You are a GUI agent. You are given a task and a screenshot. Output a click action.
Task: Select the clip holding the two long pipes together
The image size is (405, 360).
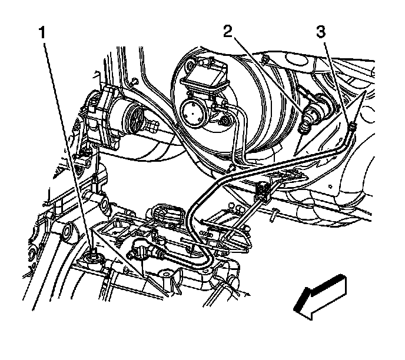[263, 190]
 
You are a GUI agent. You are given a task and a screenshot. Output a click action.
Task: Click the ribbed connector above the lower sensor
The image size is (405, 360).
[167, 214]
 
